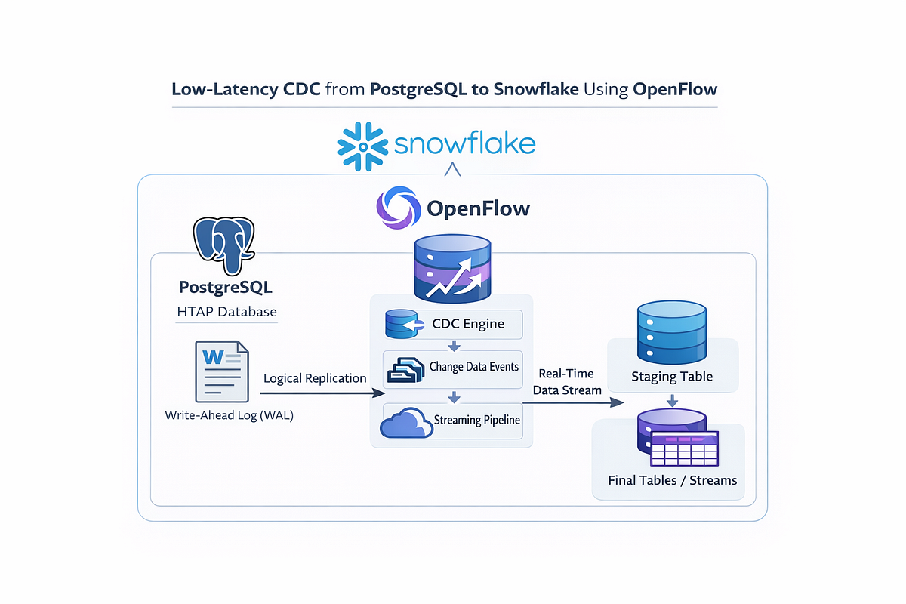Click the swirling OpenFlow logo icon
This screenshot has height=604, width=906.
[397, 208]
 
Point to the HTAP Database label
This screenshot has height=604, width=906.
[226, 311]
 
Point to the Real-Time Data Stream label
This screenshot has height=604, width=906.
[566, 382]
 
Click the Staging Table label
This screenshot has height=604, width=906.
[672, 376]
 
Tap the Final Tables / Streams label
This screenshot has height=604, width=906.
[672, 480]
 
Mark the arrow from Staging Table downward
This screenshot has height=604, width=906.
[672, 399]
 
